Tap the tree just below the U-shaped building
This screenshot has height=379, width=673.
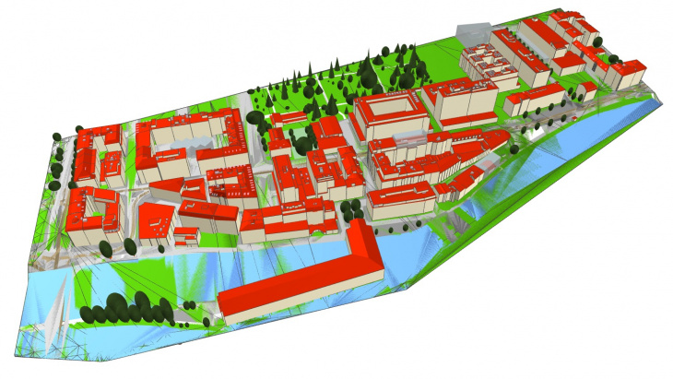106,248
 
